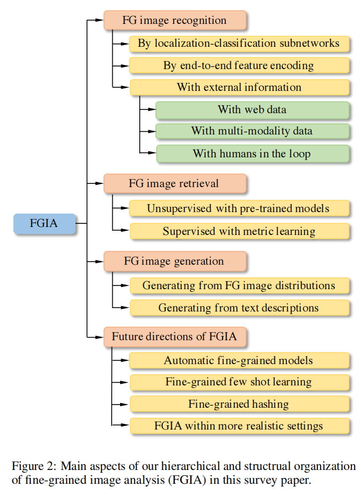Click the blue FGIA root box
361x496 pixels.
[x=45, y=223]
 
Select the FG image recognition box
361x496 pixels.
[x=175, y=21]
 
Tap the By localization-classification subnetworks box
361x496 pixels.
[x=239, y=44]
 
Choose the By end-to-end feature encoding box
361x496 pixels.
[x=239, y=65]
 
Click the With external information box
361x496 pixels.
[x=239, y=87]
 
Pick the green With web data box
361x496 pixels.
[x=253, y=110]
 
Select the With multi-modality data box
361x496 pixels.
[x=253, y=131]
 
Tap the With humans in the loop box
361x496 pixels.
[x=253, y=154]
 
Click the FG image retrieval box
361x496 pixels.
[x=175, y=183]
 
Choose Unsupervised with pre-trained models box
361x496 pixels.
[x=239, y=208]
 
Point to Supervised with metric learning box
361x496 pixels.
[x=239, y=231]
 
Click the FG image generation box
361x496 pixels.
[x=175, y=261]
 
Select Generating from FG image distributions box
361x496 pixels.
[x=239, y=285]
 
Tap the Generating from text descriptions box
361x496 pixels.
[x=239, y=308]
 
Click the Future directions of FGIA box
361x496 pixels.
[x=175, y=337]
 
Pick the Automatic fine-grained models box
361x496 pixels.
[x=239, y=360]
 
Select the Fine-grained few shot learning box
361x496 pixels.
[x=239, y=382]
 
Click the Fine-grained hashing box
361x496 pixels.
[x=239, y=404]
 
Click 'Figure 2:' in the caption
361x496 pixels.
[x=33, y=466]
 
